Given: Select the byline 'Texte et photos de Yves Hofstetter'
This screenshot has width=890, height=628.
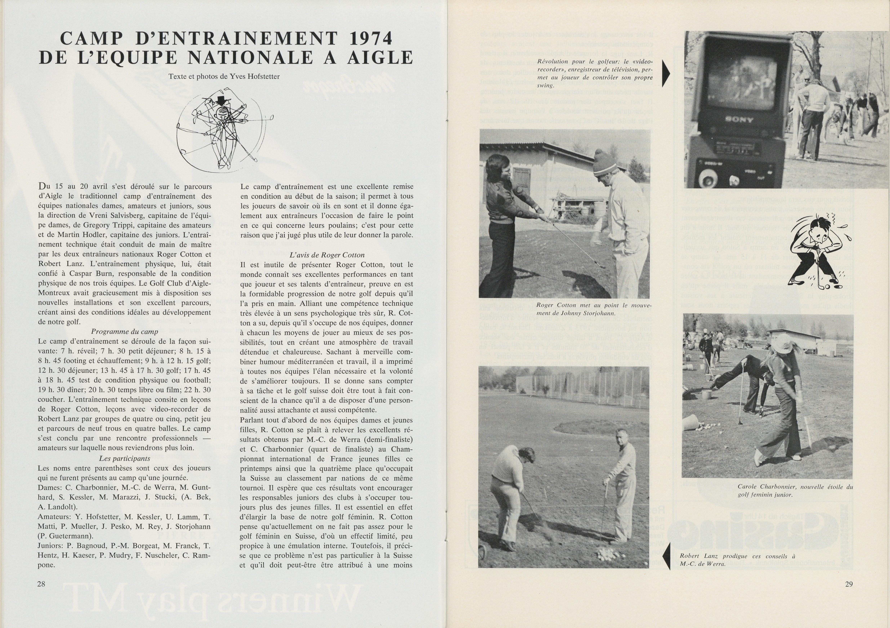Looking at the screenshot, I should coord(224,76).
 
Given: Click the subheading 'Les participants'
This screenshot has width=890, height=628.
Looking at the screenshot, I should coord(125,458).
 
